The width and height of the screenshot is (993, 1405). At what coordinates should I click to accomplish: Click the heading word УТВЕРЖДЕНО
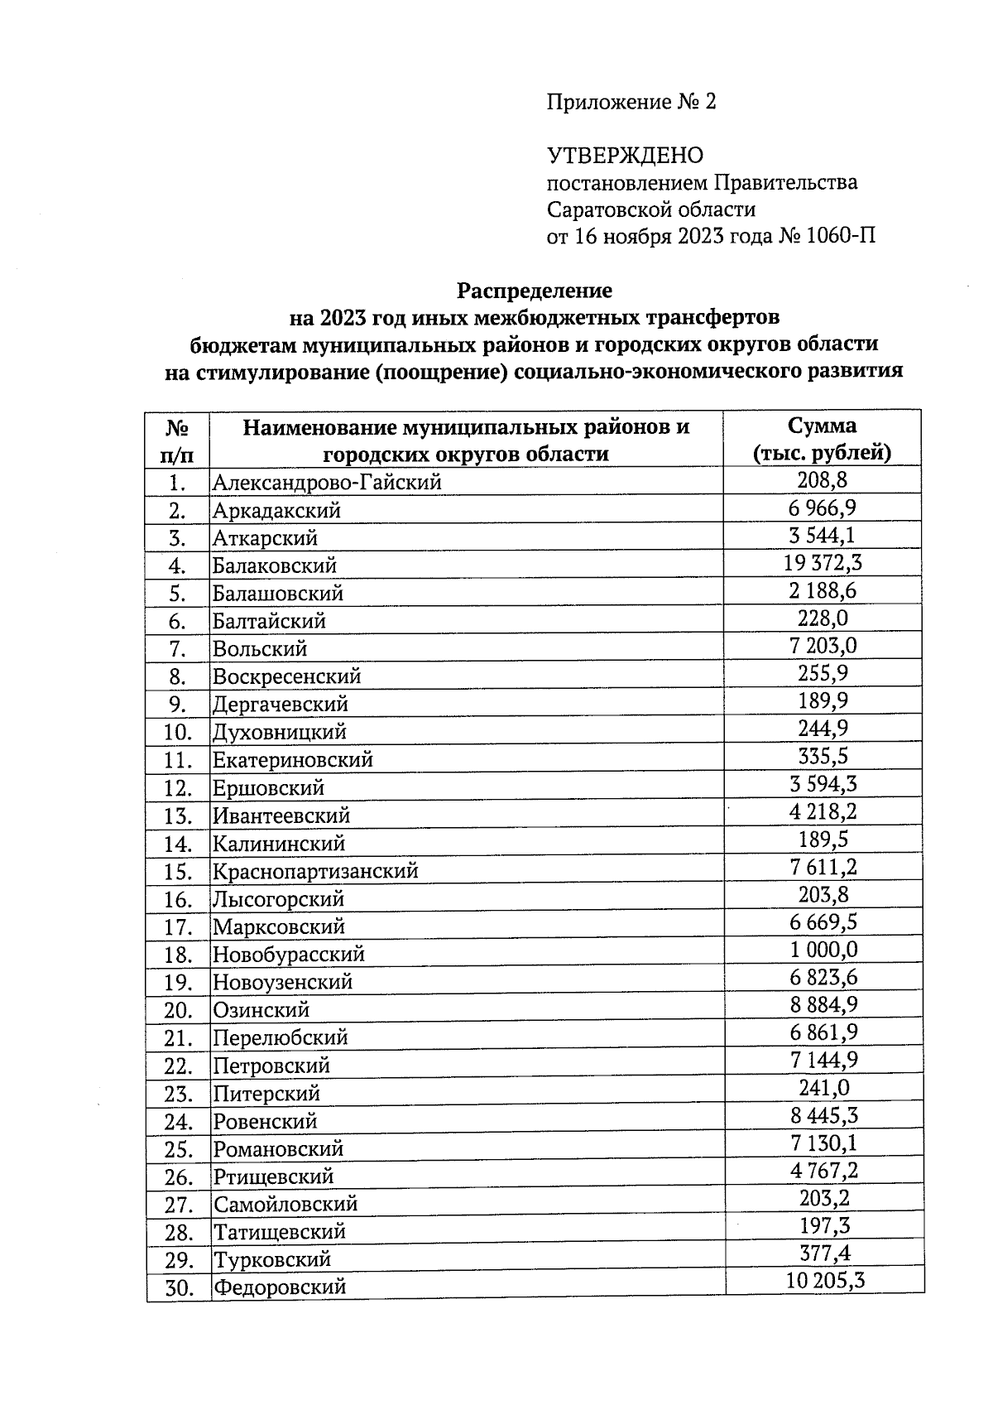(x=625, y=156)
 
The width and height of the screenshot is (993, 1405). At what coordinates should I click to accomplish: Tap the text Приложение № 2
(x=631, y=102)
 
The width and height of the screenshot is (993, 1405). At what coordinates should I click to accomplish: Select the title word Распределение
(x=535, y=291)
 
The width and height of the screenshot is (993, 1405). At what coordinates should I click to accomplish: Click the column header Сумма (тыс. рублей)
(x=822, y=440)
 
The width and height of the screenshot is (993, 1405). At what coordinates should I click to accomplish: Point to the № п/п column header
(x=178, y=440)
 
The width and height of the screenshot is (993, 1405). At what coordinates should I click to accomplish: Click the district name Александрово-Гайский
(x=327, y=482)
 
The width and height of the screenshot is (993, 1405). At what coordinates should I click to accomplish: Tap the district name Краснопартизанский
(x=315, y=871)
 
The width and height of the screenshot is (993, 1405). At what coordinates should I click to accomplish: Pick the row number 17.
(x=178, y=927)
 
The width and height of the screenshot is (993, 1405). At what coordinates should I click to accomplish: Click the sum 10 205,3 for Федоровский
(x=824, y=1282)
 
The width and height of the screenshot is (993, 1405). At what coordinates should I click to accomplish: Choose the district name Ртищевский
(x=273, y=1176)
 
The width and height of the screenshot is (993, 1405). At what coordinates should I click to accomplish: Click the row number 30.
(x=178, y=1288)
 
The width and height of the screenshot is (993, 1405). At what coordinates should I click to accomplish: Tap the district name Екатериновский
(x=293, y=759)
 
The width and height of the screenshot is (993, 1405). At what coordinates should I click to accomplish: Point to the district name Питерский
(x=266, y=1094)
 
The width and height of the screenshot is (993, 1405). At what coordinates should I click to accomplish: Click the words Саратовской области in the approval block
(x=650, y=209)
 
